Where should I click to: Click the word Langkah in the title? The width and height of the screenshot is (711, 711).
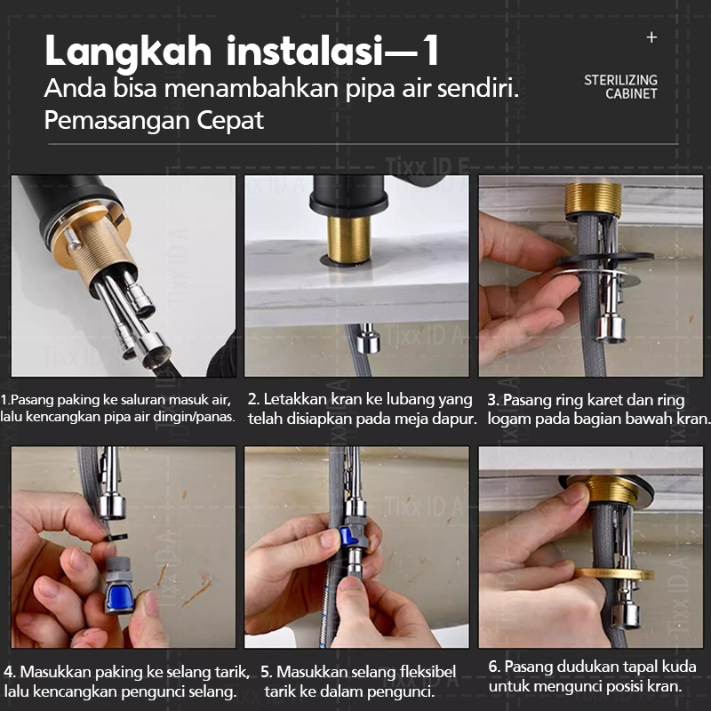click(x=128, y=52)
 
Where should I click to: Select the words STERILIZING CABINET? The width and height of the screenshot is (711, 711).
click(x=620, y=86)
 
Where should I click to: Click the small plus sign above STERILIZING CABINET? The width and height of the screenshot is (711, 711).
click(x=651, y=37)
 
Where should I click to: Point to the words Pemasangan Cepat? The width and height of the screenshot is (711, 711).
click(x=154, y=121)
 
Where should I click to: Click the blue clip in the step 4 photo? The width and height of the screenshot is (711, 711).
click(x=119, y=596)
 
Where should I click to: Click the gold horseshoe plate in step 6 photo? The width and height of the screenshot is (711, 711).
click(x=614, y=574)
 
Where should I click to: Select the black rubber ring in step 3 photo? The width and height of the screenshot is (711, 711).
click(x=605, y=259)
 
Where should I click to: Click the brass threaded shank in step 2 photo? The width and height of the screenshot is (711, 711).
click(x=349, y=239)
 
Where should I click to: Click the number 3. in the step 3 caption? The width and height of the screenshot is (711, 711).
click(x=493, y=401)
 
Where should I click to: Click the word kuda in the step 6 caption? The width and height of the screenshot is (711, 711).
click(x=679, y=667)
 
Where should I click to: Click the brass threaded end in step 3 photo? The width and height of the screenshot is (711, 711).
click(x=594, y=198)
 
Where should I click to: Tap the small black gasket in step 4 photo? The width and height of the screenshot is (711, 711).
click(x=117, y=538)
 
